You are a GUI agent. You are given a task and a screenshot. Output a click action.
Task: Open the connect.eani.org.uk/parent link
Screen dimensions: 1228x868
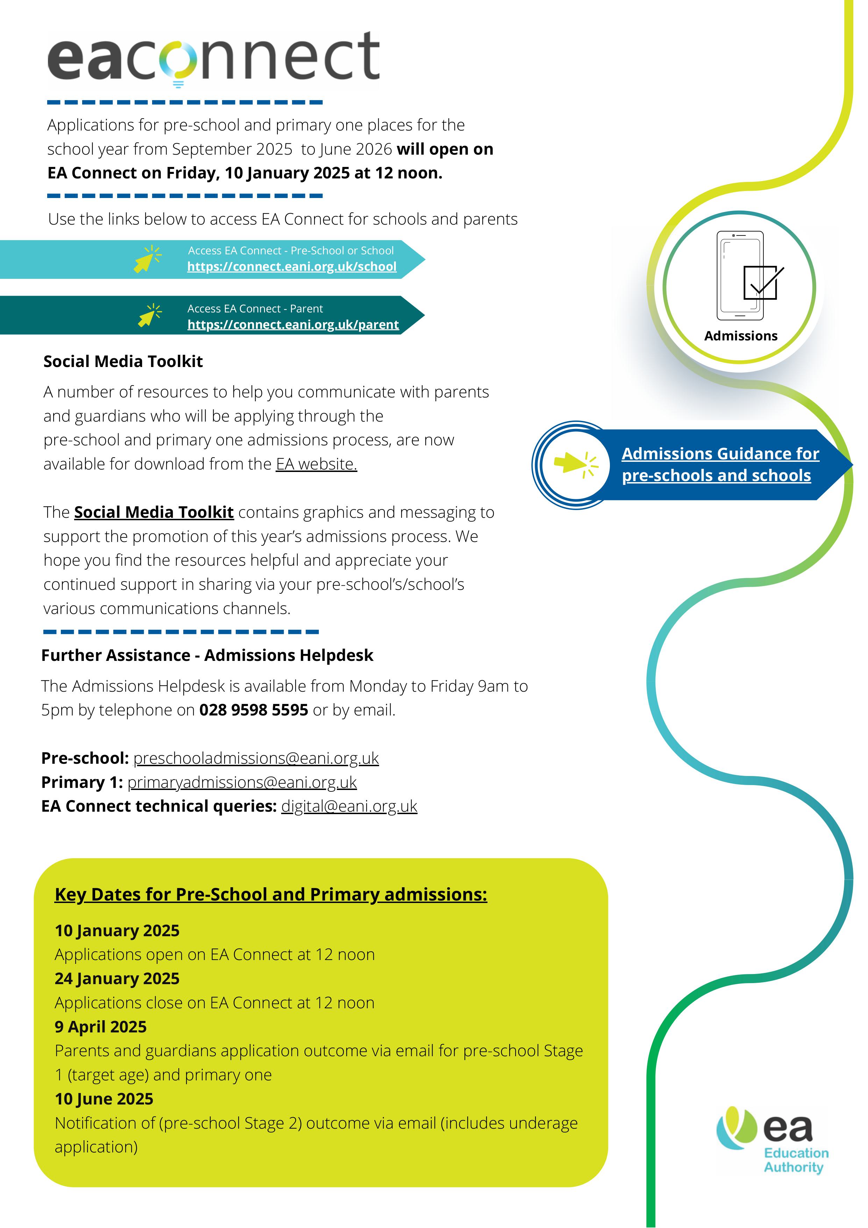[293, 325]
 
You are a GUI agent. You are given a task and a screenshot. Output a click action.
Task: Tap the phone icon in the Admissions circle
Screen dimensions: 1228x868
[740, 275]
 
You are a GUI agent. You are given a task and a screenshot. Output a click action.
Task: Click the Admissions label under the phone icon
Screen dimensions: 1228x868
[741, 336]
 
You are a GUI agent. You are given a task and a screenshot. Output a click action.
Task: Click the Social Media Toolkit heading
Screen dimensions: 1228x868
[123, 361]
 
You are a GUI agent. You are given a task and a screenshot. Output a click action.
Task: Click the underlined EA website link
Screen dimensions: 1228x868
[316, 464]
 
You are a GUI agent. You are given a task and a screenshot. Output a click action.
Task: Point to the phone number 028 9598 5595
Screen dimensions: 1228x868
[254, 710]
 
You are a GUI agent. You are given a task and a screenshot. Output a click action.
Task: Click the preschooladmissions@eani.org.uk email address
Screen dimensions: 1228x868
[256, 758]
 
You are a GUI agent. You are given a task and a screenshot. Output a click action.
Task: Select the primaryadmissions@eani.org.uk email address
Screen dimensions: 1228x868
[242, 782]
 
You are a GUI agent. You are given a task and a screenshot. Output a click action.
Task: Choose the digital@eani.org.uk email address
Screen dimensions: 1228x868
[349, 806]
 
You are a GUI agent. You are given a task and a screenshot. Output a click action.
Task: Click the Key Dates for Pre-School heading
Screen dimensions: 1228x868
[271, 894]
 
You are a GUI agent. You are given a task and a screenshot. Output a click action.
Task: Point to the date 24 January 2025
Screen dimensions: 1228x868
[117, 978]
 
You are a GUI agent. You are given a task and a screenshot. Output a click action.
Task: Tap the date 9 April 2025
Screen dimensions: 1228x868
[100, 1026]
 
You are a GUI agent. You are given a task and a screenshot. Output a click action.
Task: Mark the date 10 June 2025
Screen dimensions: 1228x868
[104, 1099]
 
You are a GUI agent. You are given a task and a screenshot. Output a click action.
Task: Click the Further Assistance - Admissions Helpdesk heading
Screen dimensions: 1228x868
[207, 655]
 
